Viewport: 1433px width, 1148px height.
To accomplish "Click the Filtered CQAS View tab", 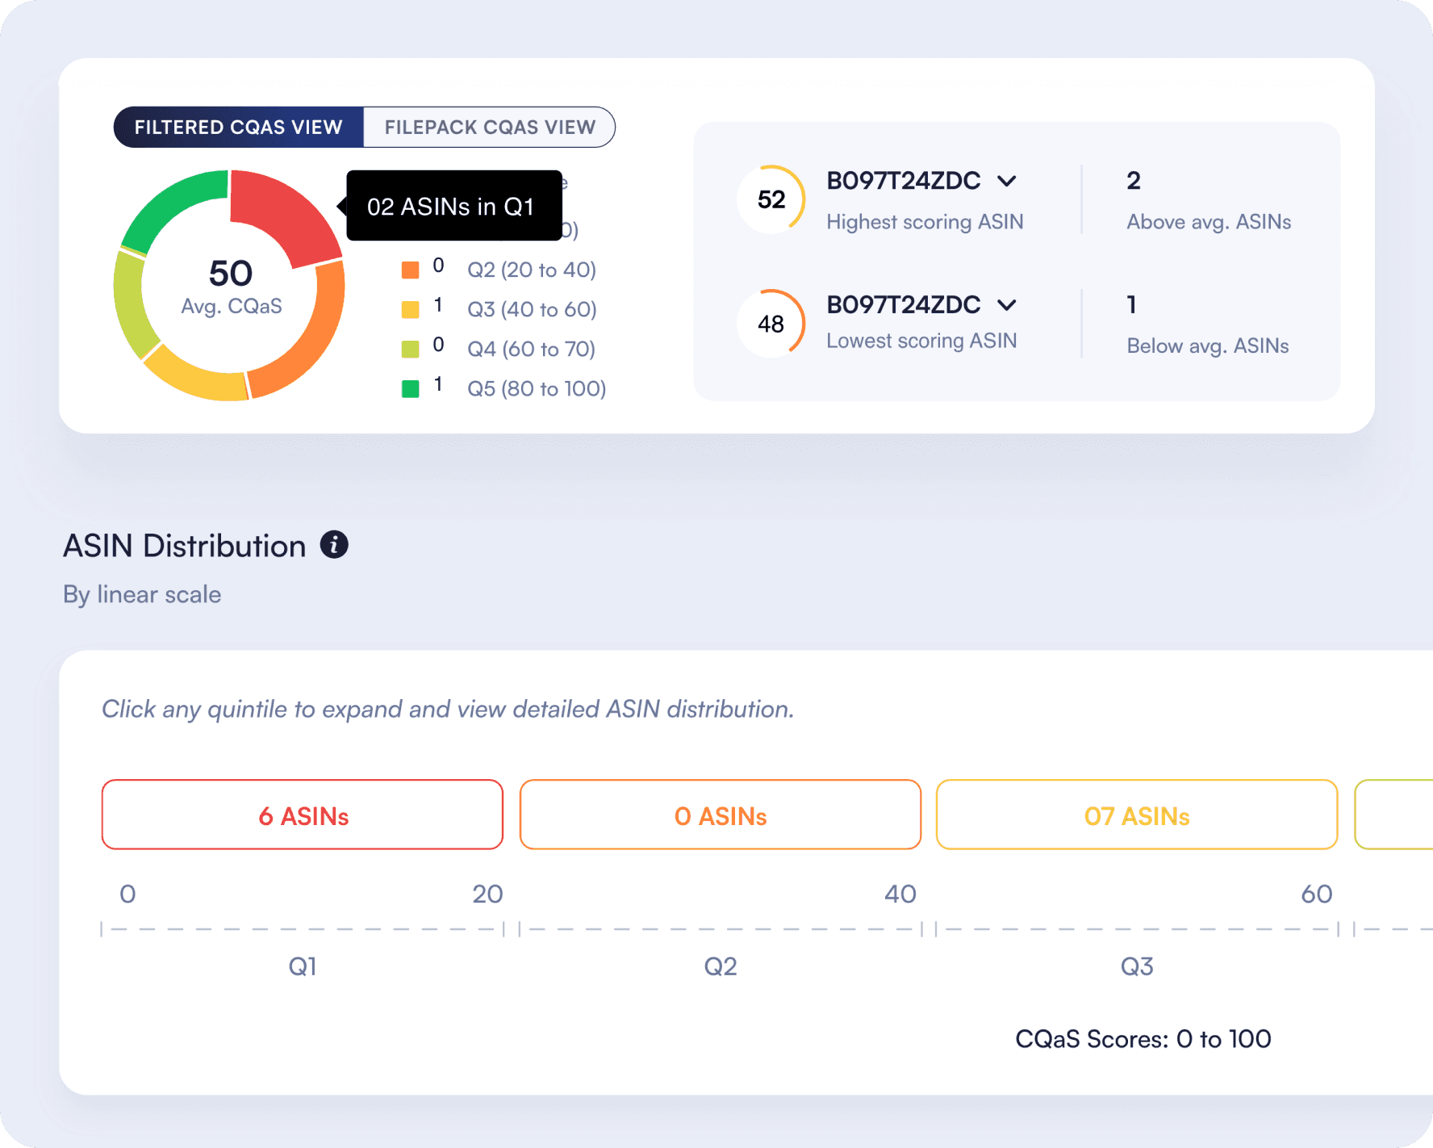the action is tap(239, 128).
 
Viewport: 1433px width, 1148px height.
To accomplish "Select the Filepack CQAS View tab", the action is tap(490, 128).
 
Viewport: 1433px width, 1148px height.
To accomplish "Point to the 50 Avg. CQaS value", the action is tap(231, 273).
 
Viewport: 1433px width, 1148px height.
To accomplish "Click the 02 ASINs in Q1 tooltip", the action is tap(453, 206).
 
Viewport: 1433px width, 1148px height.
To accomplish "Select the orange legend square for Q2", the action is tap(411, 270).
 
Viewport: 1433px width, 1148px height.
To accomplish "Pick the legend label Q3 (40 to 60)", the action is tap(532, 309).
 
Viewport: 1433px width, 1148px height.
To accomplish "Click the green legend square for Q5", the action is tap(411, 388).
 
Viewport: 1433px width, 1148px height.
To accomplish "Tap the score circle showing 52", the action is tap(771, 199).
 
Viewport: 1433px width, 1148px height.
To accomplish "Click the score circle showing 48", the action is tap(771, 324).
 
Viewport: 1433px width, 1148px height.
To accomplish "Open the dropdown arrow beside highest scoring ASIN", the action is tap(1006, 181).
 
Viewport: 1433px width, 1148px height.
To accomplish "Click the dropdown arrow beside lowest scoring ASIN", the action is tap(1006, 305).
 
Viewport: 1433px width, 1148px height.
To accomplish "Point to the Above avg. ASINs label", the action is tap(1209, 222).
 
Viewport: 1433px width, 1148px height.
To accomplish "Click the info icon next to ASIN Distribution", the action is tap(334, 545).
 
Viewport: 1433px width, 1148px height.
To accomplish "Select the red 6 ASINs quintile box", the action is tap(303, 815).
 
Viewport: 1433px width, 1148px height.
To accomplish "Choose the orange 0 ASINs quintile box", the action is tap(721, 815).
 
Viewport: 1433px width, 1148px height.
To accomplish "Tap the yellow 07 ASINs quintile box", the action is tap(1137, 815).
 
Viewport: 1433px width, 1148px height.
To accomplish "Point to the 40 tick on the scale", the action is tap(900, 894).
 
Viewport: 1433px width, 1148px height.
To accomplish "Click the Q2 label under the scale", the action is tap(721, 966).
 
